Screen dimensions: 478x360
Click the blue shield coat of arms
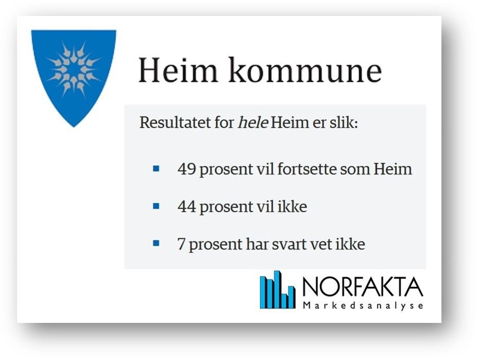74,76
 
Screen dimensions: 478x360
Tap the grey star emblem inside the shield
74,70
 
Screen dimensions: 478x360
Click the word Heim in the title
178,70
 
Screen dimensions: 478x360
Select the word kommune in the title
305,70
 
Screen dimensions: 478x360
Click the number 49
186,169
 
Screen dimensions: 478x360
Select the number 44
186,207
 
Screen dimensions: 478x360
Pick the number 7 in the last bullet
181,244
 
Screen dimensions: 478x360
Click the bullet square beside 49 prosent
156,168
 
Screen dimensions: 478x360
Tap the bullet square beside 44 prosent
156,207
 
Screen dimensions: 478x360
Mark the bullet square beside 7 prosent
156,243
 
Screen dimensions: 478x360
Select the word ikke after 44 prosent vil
292,207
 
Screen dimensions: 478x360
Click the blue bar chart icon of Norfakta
278,289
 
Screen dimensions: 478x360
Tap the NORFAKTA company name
363,287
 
